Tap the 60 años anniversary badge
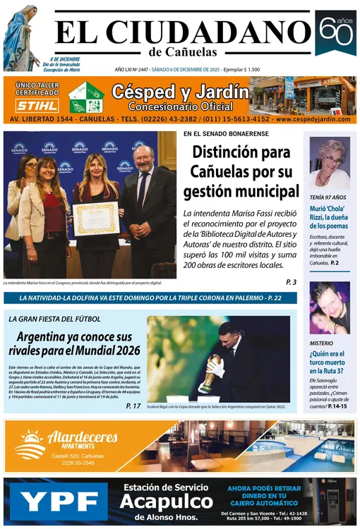[335, 32]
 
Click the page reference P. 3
[291, 282]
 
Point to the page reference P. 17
[133, 406]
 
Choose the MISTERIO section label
[321, 343]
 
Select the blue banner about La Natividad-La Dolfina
[150, 298]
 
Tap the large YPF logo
[59, 503]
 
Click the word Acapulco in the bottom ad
[165, 501]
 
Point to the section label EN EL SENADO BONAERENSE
[223, 134]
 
